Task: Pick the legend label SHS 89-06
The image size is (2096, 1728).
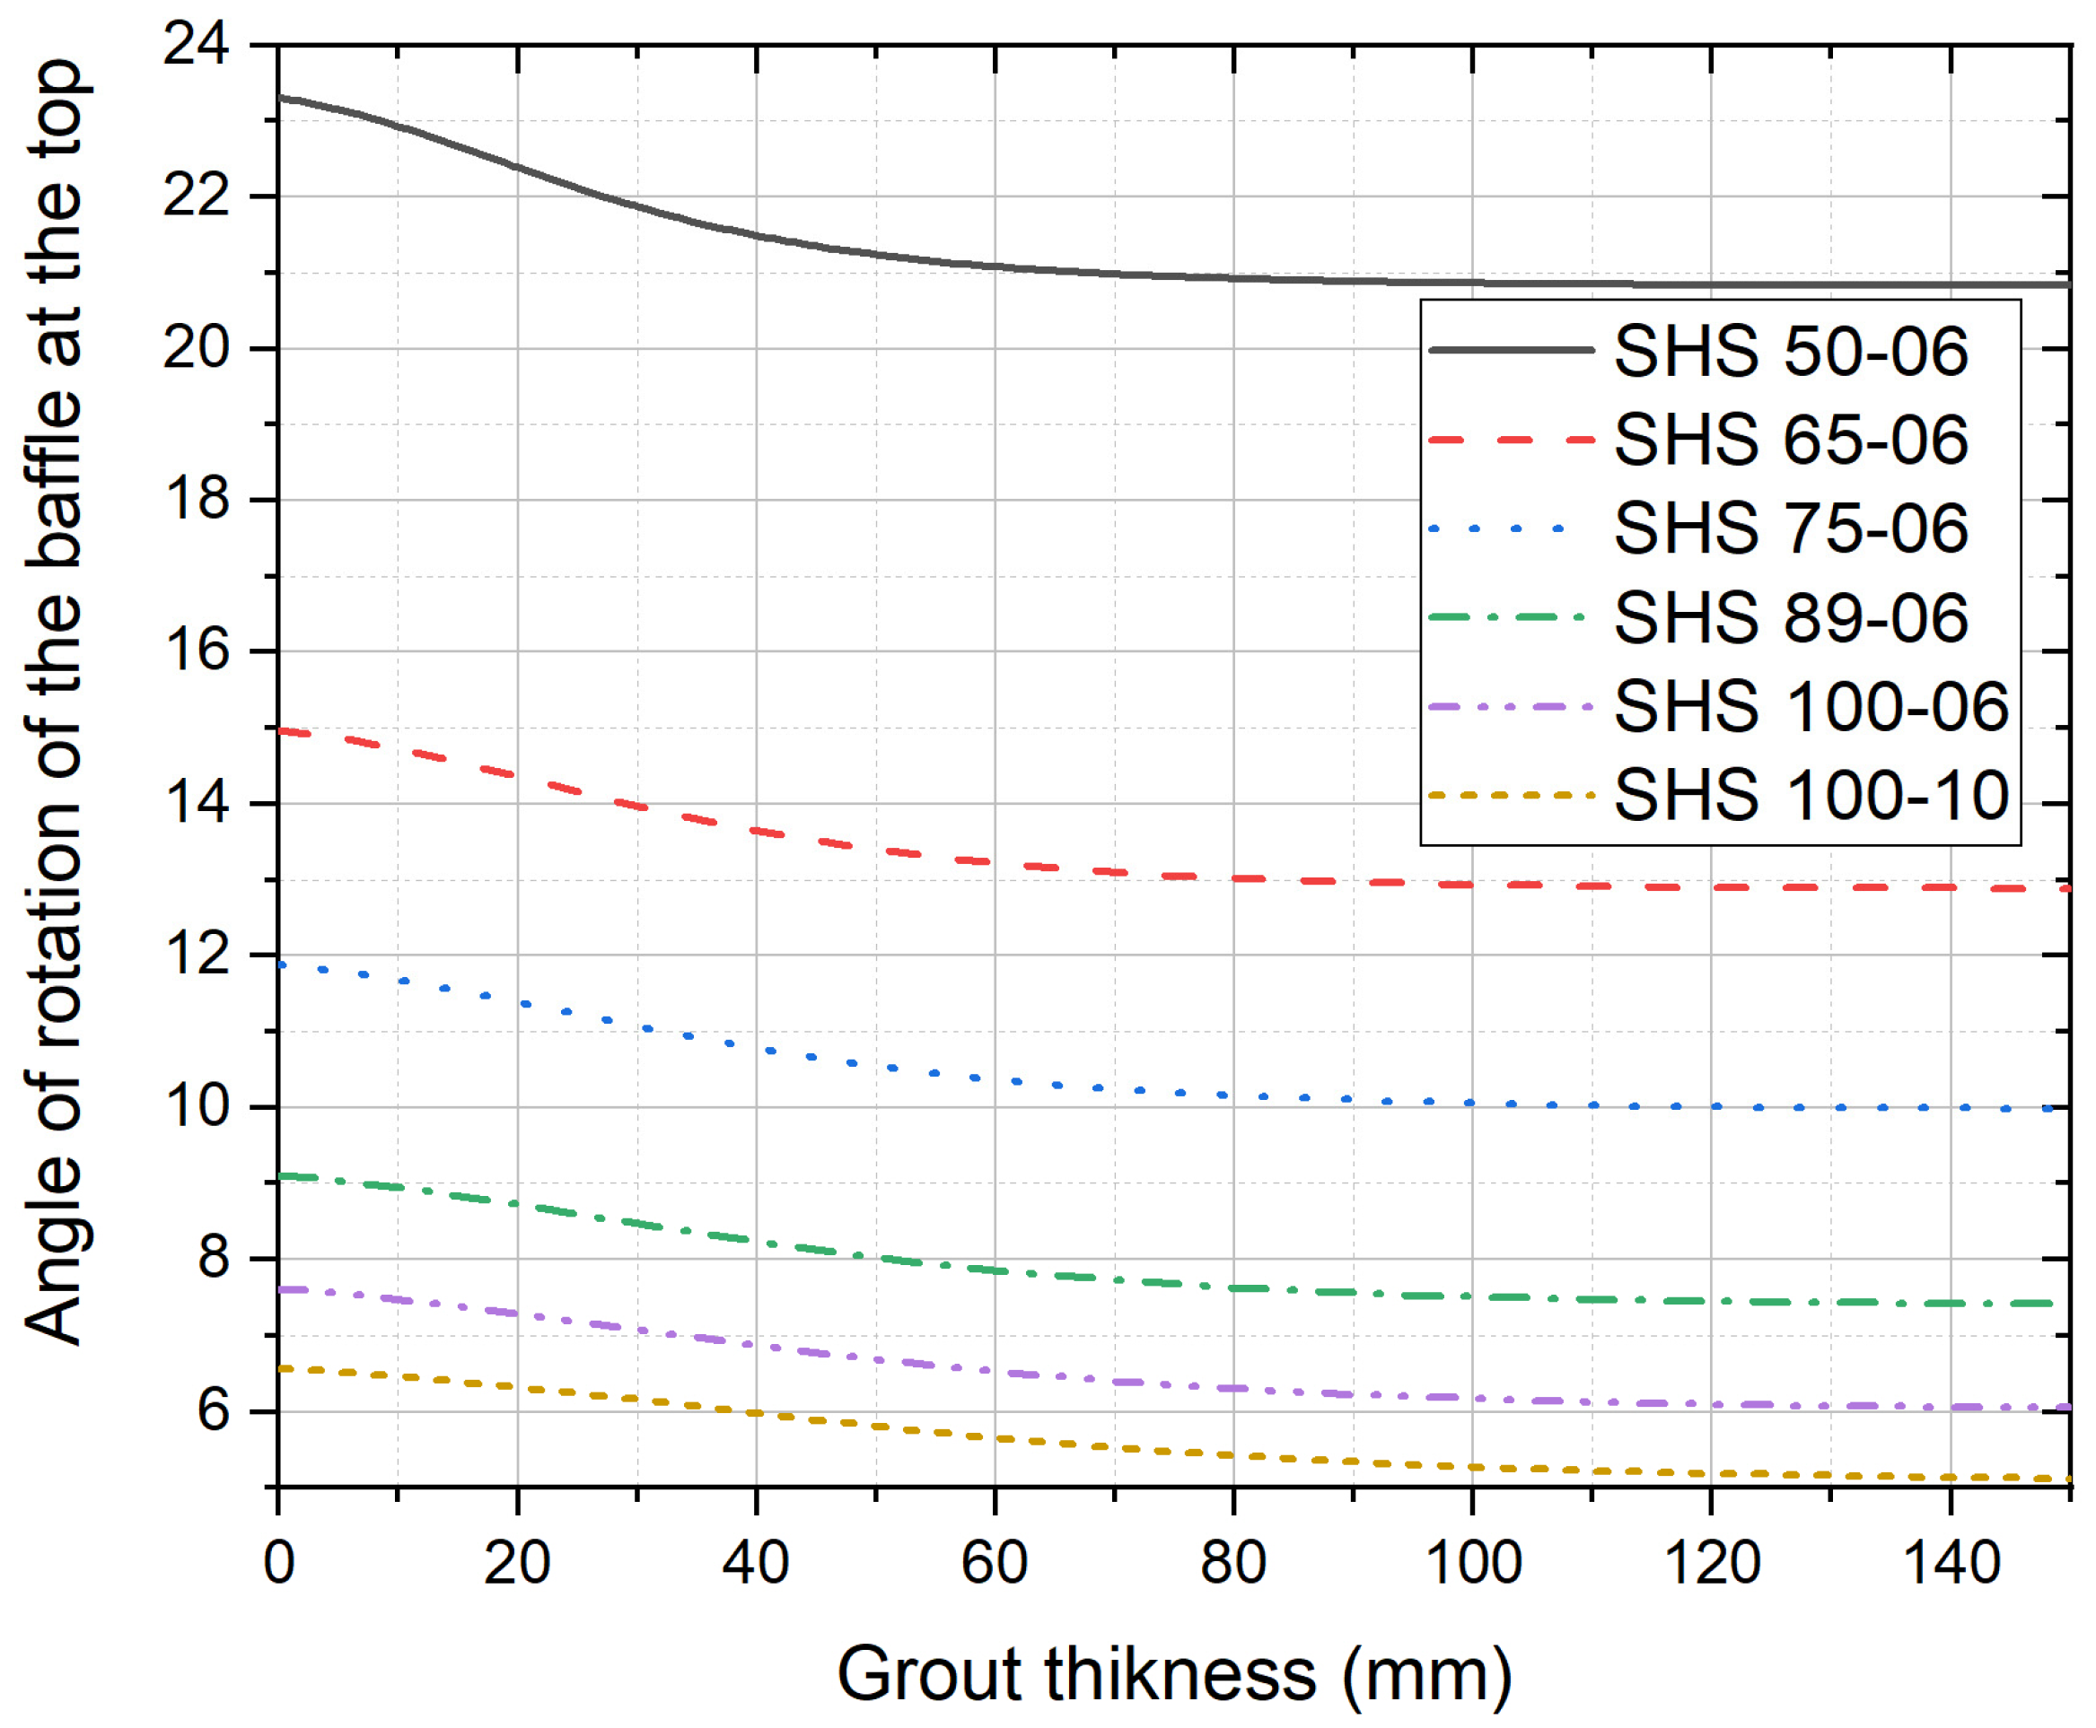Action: [x=1789, y=617]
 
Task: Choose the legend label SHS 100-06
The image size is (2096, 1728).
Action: [x=1811, y=707]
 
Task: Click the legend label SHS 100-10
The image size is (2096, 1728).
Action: [x=1811, y=795]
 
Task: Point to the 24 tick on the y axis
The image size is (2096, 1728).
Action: [x=195, y=45]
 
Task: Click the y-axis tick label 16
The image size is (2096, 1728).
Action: [x=195, y=651]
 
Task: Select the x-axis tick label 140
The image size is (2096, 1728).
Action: [x=1950, y=1563]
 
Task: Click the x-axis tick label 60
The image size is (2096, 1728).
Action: [x=994, y=1563]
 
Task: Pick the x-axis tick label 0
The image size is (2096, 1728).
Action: [x=279, y=1563]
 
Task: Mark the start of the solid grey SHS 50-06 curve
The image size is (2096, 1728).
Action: [x=281, y=98]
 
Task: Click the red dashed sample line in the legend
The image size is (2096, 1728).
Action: [x=1510, y=440]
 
